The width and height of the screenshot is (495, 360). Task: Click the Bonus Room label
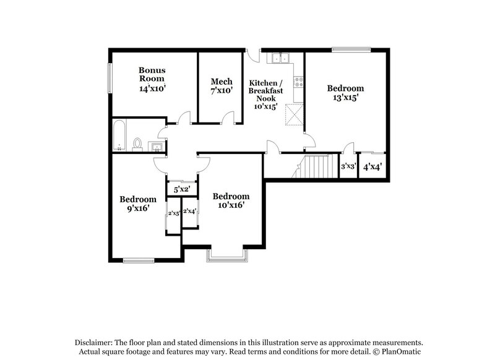point(152,75)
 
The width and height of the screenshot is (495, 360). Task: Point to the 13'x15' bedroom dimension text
point(345,97)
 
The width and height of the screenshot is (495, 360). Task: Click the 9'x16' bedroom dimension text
point(137,208)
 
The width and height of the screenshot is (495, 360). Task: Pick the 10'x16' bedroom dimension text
point(231,205)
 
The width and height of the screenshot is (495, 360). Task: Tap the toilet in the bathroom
point(137,144)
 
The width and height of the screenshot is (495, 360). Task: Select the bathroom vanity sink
point(157,146)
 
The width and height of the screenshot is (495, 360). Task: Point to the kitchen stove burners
point(299,81)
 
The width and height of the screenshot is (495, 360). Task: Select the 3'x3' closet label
point(348,166)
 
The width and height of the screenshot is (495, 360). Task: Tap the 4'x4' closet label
point(372,166)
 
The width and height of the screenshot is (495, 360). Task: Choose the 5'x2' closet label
point(181,189)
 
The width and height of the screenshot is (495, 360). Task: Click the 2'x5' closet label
point(174,213)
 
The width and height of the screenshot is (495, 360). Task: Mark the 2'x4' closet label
point(190,211)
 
